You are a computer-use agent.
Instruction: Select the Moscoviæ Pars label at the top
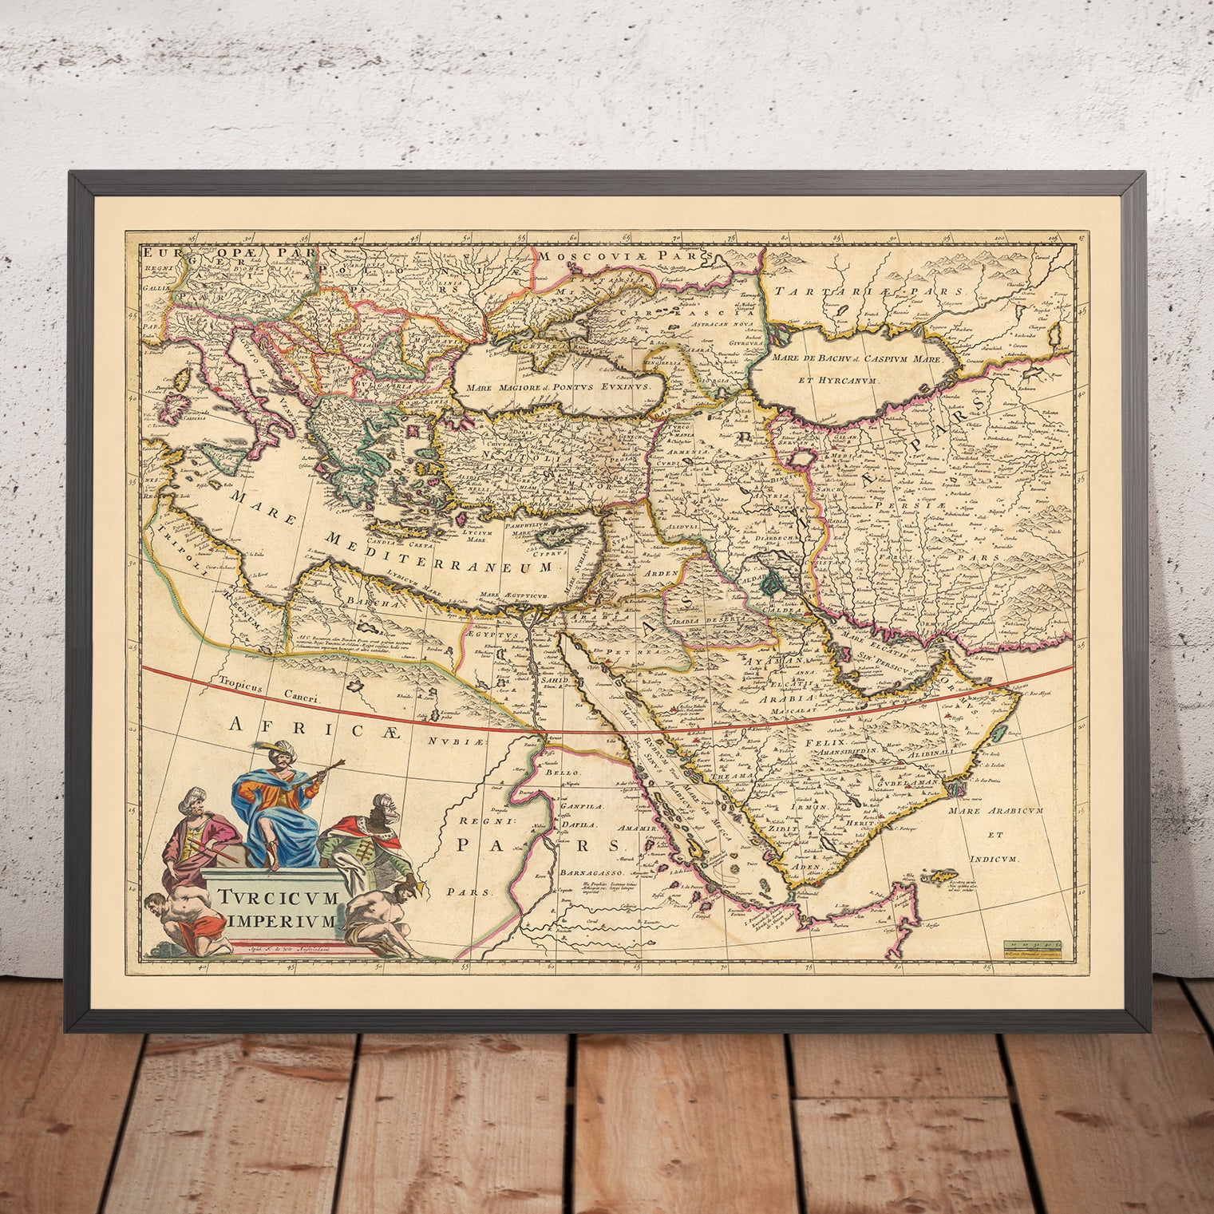click(x=607, y=255)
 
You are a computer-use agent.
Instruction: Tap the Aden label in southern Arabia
click(x=808, y=867)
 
